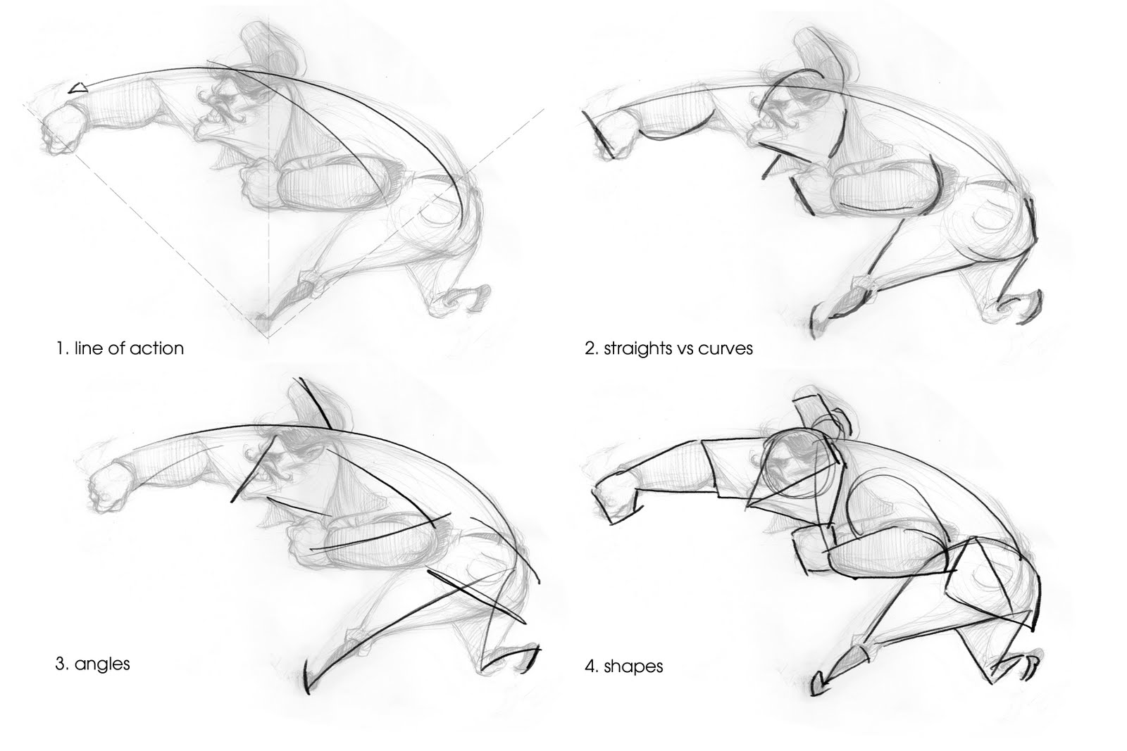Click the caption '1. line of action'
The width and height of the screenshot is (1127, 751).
coord(119,348)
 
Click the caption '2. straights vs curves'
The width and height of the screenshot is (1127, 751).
coord(668,348)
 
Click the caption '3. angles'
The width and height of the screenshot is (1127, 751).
coord(92,663)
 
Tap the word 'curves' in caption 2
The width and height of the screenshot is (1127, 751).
coord(725,348)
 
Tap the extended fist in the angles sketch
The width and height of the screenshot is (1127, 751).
coord(110,486)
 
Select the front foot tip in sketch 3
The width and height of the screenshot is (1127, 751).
coord(311,679)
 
